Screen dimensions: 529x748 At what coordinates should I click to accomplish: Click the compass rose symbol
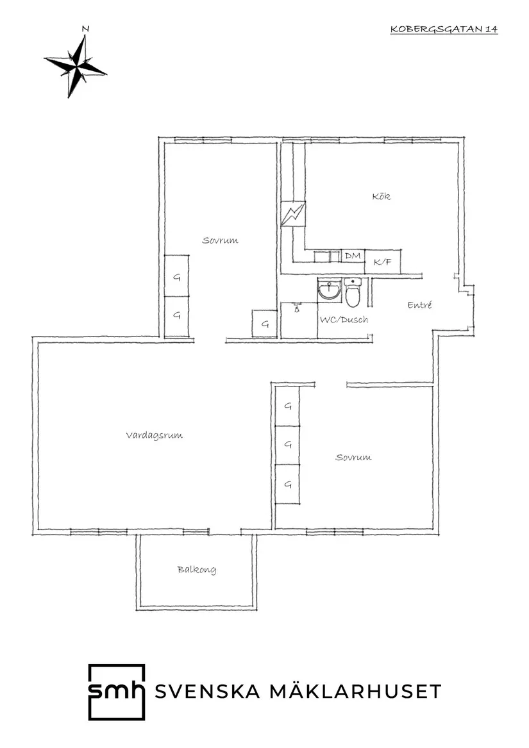(76, 66)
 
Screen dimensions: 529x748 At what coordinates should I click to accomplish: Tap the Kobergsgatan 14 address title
(444, 29)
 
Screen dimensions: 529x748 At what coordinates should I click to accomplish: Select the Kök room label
(382, 196)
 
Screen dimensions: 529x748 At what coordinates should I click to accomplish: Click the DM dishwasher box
(353, 256)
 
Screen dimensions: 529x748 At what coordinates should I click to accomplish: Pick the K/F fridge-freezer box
(382, 262)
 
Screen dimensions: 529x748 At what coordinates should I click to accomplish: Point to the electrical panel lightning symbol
(292, 214)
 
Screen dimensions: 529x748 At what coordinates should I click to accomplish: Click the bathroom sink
(330, 289)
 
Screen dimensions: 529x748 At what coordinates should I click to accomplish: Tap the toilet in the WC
(354, 292)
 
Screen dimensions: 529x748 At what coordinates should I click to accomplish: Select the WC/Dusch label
(344, 320)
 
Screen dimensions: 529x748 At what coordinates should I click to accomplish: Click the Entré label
(419, 305)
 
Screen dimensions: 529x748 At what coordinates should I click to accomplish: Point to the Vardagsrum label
(155, 436)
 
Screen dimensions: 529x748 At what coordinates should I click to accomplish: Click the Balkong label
(197, 570)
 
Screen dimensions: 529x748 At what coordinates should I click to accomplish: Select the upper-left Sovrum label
(220, 240)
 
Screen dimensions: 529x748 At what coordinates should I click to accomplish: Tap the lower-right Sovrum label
(353, 458)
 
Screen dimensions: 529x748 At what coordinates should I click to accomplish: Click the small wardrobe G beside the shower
(265, 324)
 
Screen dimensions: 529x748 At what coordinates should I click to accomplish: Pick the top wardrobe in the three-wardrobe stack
(288, 406)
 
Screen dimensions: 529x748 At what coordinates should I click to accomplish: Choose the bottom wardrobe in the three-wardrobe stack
(288, 484)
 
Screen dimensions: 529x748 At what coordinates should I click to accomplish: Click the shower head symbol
(296, 308)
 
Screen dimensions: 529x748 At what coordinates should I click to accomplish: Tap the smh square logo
(117, 692)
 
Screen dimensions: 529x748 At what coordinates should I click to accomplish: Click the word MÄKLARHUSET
(356, 691)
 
